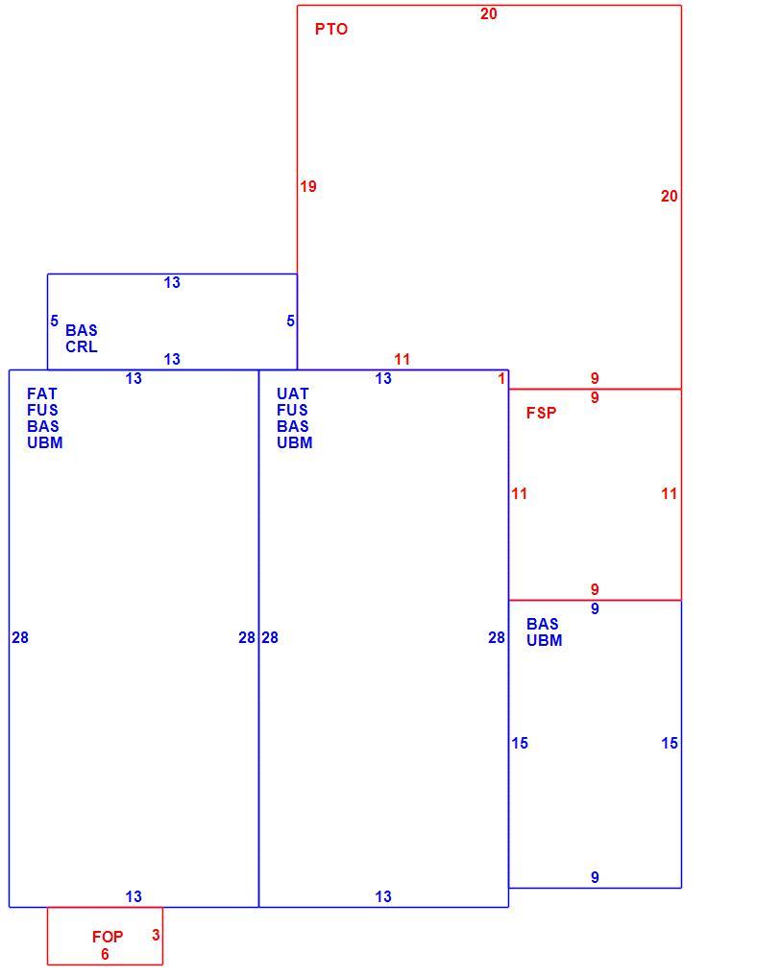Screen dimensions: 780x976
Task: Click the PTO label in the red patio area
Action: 330,29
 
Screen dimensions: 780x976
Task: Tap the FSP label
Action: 542,413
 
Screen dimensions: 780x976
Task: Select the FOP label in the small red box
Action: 108,937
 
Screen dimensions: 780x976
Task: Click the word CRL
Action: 82,346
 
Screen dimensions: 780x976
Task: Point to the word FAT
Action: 41,394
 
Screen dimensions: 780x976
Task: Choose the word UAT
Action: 293,394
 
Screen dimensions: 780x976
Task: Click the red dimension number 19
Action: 308,186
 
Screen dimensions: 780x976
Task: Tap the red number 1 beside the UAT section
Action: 501,378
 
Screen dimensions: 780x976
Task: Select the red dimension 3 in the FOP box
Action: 156,935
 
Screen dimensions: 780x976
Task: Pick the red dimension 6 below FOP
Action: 105,954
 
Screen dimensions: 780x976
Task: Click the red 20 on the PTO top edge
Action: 488,13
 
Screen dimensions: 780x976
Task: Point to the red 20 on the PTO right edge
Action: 670,196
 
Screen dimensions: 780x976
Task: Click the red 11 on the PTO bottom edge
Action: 402,359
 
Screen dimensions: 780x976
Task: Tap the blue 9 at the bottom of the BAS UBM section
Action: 595,878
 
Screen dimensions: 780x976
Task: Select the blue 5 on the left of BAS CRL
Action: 54,321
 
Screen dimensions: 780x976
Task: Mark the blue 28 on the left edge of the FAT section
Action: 20,637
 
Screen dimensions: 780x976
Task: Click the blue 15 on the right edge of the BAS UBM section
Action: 670,743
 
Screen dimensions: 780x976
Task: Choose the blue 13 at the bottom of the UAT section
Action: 383,897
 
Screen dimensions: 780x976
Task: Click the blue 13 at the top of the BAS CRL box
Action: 172,282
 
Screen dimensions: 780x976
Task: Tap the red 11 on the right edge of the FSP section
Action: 670,493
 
